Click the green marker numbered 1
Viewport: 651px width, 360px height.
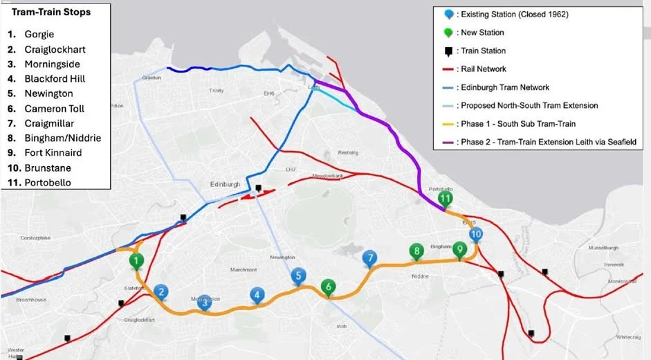(136, 261)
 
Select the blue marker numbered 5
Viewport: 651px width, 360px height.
(298, 275)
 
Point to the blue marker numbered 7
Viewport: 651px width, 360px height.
(371, 258)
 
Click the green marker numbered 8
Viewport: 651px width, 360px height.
(416, 251)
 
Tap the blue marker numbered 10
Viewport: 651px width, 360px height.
(476, 234)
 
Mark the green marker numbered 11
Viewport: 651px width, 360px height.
(446, 199)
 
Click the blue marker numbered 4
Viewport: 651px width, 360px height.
(257, 296)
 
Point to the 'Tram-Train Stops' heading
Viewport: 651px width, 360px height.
(51, 12)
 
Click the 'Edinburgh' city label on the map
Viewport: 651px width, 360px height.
(225, 184)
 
